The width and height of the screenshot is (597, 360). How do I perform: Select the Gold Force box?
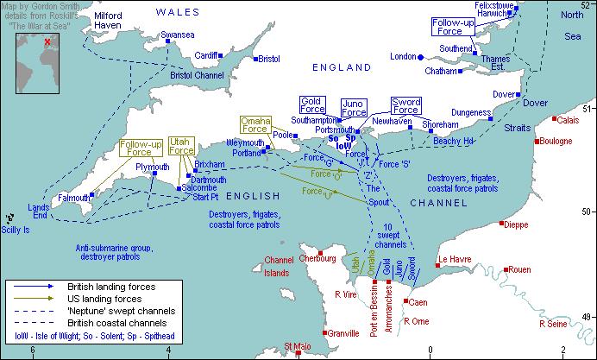tap(312, 105)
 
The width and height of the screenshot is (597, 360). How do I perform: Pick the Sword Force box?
tap(405, 106)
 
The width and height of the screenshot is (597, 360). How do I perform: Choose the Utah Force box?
tap(181, 146)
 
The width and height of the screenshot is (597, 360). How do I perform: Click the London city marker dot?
tap(421, 57)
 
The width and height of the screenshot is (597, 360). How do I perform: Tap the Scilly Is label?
tap(16, 231)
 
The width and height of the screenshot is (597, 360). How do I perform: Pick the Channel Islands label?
tap(279, 266)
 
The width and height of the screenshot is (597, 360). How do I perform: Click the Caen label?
tap(418, 302)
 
